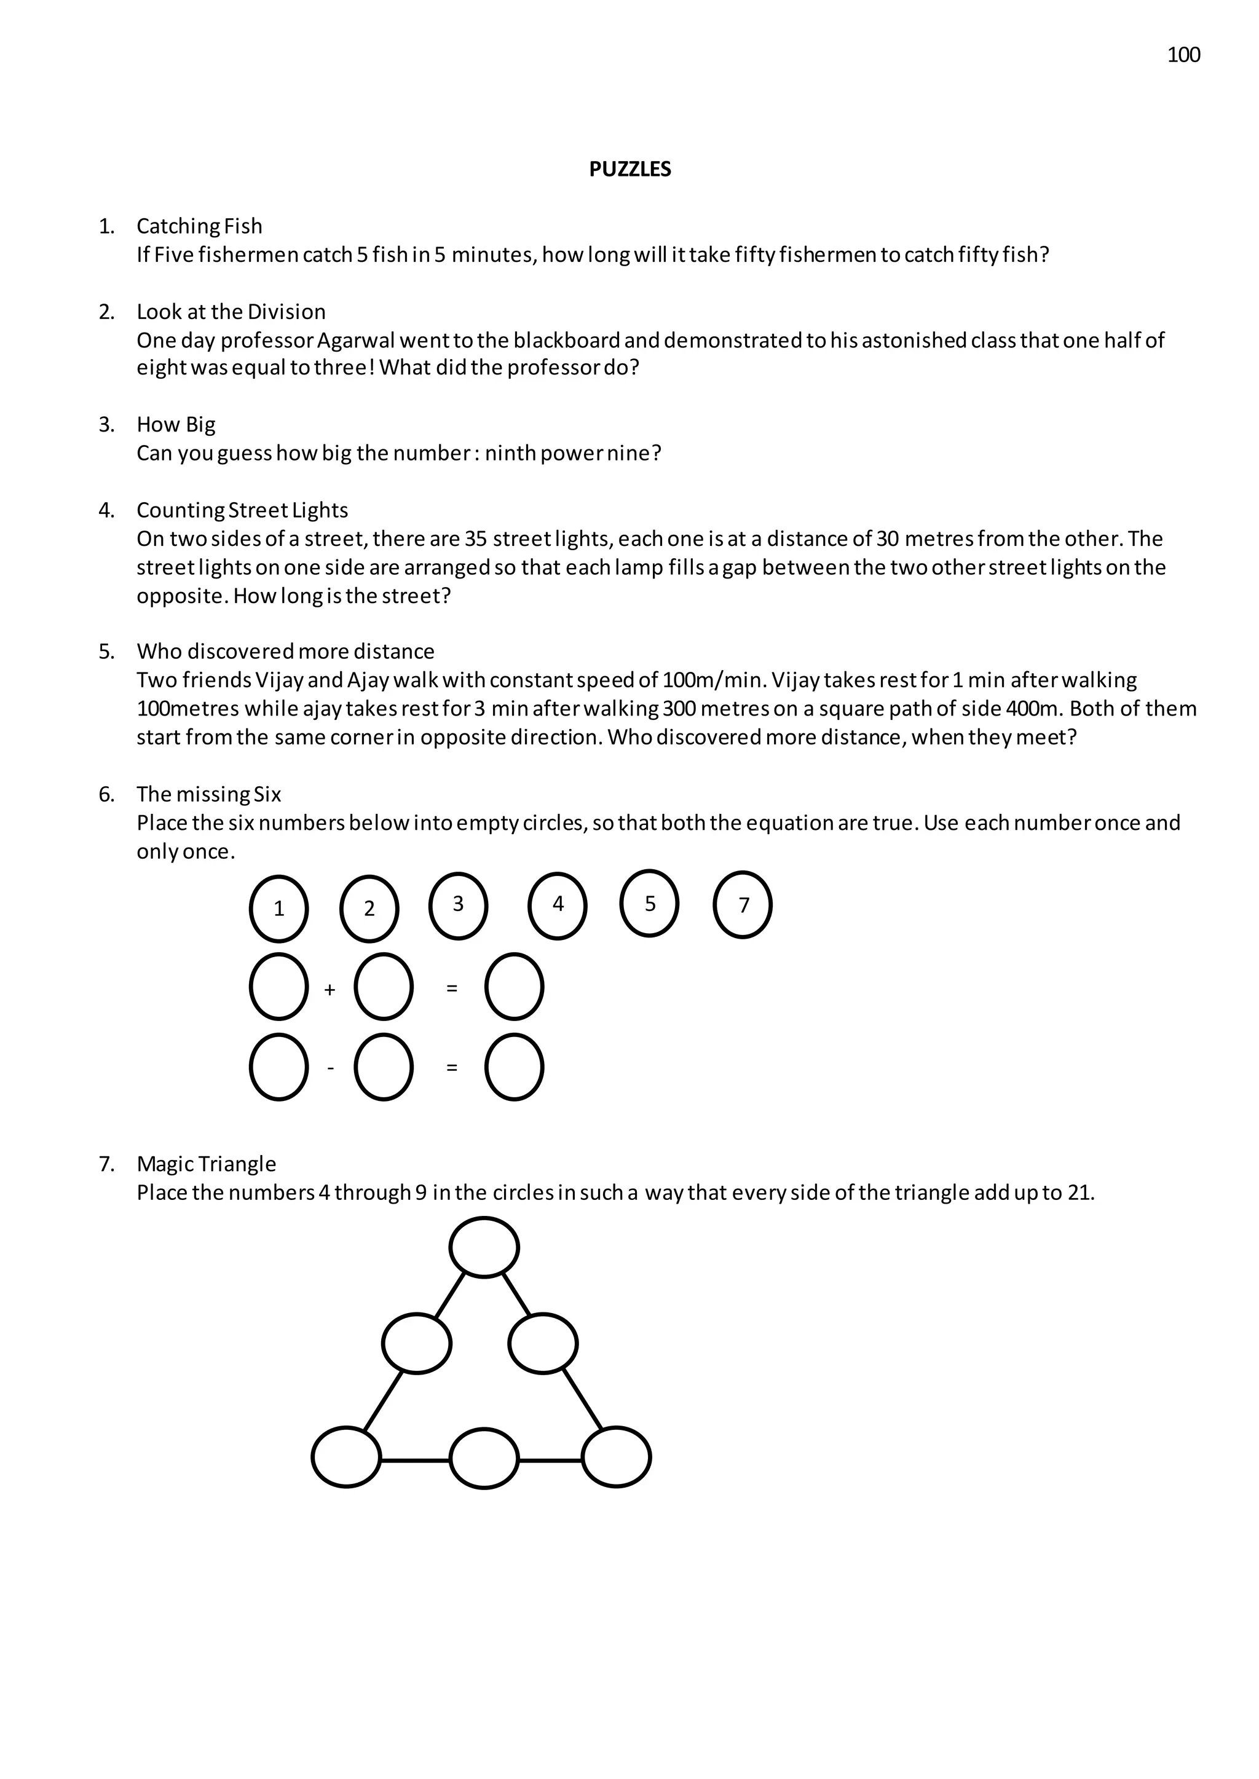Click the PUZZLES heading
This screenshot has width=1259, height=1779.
coord(629,170)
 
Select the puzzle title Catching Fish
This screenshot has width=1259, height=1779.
coord(199,226)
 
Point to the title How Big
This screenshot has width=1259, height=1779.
coord(176,425)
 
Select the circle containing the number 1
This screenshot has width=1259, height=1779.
coord(279,909)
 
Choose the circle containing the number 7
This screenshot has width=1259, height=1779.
coord(743,905)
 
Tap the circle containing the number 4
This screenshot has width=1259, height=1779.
coord(558,905)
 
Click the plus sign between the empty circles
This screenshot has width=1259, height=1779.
coord(330,990)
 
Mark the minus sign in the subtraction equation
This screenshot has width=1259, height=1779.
coord(331,1069)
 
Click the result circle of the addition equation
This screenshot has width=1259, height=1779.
coord(514,987)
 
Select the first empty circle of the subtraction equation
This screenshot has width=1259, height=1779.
coord(279,1067)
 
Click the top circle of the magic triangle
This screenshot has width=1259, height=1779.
coord(484,1247)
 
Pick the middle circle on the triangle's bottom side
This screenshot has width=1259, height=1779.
coord(484,1459)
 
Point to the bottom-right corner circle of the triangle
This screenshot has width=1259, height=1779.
coord(617,1458)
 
